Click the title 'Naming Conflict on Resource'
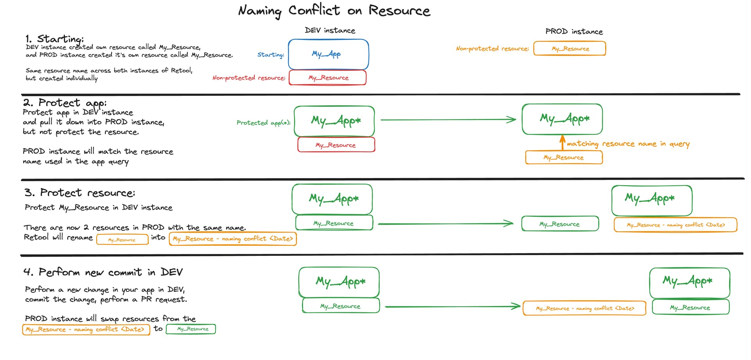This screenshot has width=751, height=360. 334,11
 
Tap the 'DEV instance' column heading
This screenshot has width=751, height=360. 330,31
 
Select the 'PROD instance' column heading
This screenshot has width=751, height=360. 574,32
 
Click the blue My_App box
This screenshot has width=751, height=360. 328,54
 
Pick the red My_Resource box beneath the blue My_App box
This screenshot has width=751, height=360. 328,77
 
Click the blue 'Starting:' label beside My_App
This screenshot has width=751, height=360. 271,55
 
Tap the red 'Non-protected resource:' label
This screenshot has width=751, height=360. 249,78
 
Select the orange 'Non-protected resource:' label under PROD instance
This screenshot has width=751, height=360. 492,49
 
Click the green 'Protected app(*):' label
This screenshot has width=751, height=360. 263,123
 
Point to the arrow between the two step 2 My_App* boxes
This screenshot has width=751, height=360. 448,120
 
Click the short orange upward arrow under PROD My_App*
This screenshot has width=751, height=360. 562,142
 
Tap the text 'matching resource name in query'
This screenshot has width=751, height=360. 628,144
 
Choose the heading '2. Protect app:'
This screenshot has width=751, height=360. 65,103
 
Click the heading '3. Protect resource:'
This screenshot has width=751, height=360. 79,193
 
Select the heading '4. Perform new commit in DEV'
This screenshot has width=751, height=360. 103,272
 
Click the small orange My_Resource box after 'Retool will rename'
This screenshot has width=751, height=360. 122,239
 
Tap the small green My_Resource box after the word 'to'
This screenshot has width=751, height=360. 191,329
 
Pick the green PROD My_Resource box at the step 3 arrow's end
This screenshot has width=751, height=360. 560,224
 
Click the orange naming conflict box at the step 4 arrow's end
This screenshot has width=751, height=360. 584,308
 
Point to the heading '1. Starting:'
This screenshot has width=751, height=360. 54,39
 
